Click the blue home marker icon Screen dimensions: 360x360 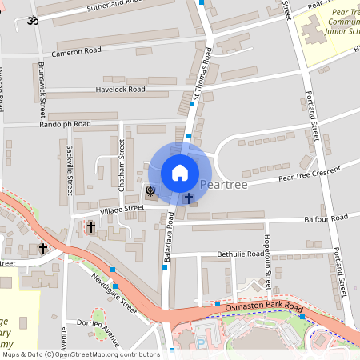tap(180, 172)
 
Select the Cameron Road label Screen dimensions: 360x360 tap(76, 50)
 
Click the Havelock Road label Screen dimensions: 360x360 tap(120, 89)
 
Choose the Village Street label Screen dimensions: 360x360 tap(122, 208)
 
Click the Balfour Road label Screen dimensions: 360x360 tap(326, 218)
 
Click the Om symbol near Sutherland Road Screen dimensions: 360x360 tap(33, 21)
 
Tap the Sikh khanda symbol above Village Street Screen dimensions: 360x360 tap(150, 191)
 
